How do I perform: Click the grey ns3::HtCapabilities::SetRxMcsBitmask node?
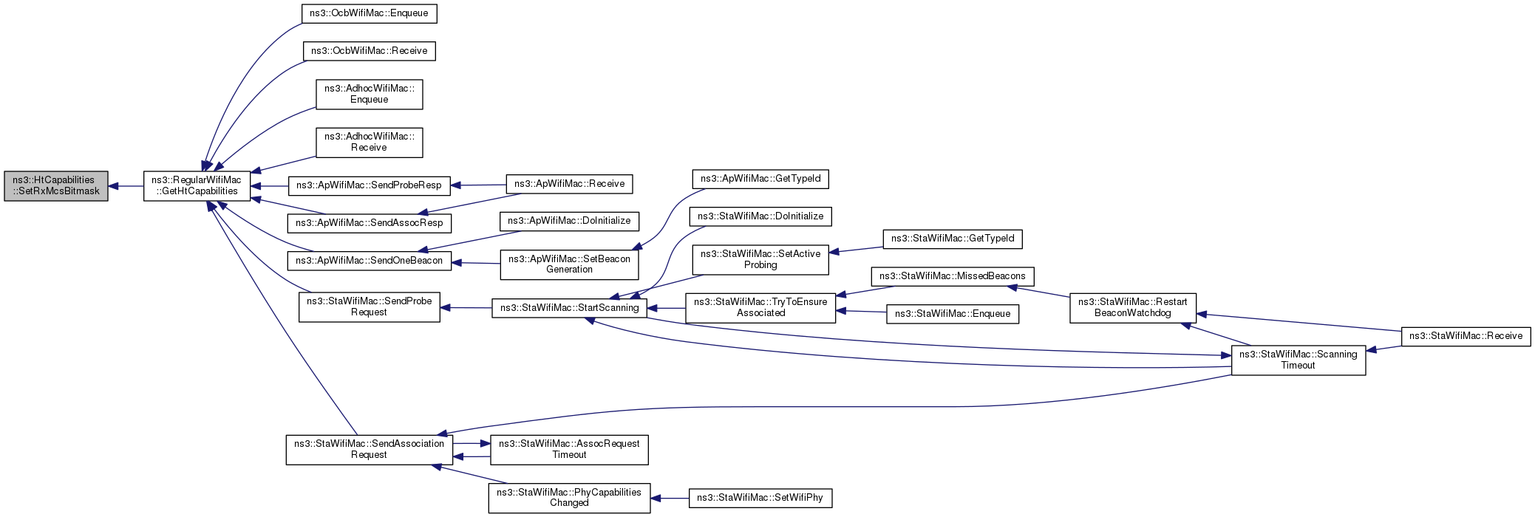point(56,185)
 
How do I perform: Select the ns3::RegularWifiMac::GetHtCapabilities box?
point(197,185)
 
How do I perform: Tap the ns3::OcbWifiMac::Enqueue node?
point(370,13)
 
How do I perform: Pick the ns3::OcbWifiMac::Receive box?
point(369,51)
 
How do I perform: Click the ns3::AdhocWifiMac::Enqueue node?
point(369,94)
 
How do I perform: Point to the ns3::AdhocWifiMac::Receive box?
point(369,142)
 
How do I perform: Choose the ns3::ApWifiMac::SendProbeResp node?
point(369,185)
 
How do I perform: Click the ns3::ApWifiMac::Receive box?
point(569,184)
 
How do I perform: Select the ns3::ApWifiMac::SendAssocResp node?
point(369,222)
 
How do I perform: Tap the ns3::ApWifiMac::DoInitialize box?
point(569,221)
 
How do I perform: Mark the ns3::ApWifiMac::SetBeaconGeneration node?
point(569,264)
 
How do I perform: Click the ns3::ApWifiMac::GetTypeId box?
point(760,179)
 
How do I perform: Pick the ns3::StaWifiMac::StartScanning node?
point(569,308)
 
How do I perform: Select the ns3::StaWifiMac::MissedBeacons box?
point(953,276)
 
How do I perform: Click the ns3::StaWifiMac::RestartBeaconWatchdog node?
point(1132,307)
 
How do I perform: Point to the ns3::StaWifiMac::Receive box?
point(1466,336)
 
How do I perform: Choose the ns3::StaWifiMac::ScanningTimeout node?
point(1298,360)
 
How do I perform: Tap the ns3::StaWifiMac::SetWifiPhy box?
point(760,498)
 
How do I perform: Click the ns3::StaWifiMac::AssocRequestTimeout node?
point(569,449)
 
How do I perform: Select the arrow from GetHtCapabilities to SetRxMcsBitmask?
point(126,186)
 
